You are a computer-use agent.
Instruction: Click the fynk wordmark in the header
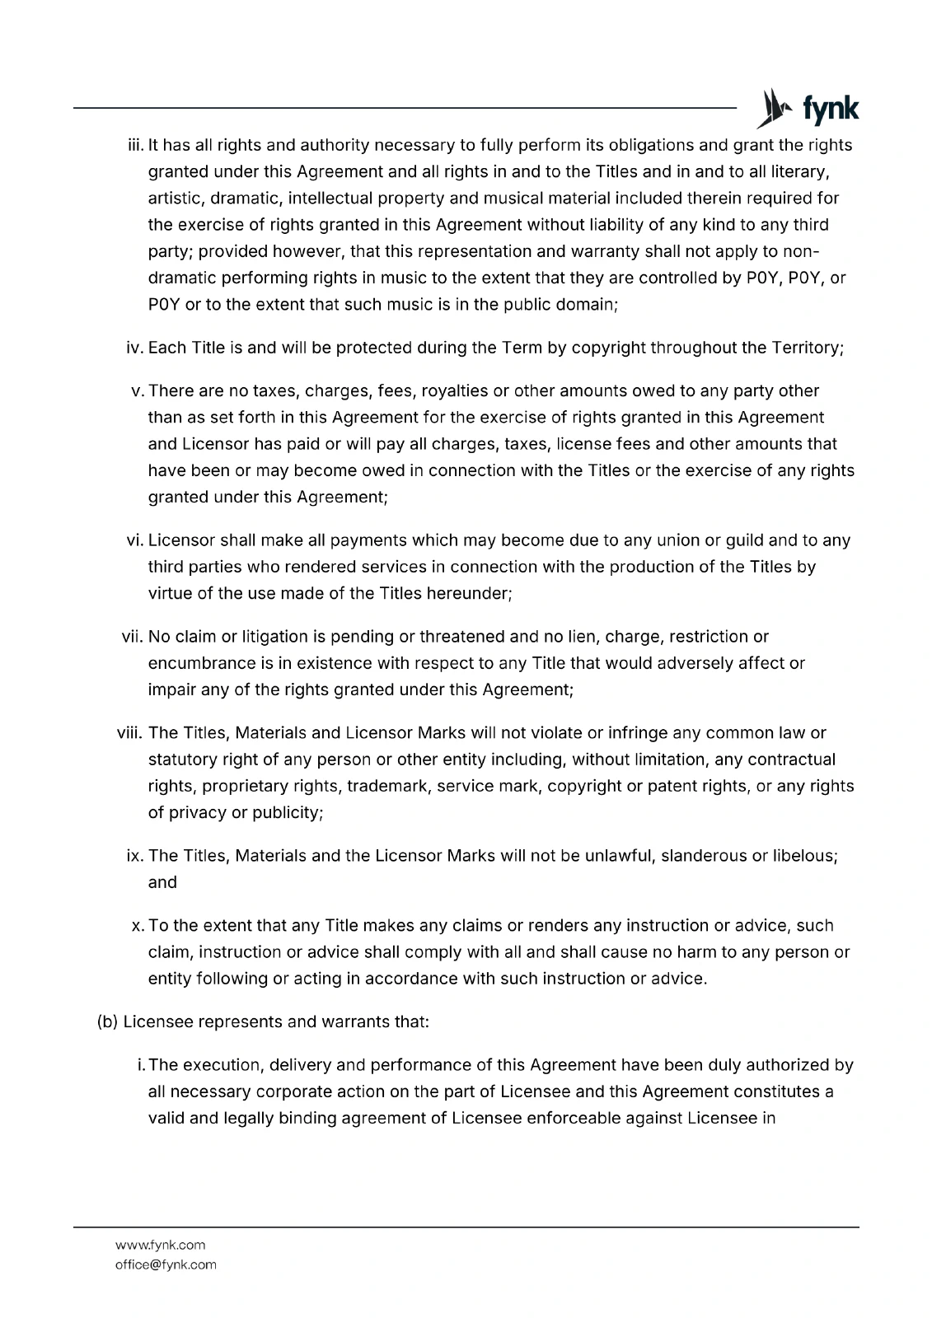(831, 110)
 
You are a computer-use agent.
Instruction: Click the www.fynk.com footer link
(160, 1245)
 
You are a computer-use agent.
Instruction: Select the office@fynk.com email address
(165, 1264)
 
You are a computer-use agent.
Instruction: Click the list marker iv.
(135, 348)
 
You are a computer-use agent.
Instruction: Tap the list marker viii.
(130, 733)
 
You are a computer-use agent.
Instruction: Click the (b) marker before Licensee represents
(108, 1022)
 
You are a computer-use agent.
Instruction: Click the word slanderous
(704, 856)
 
